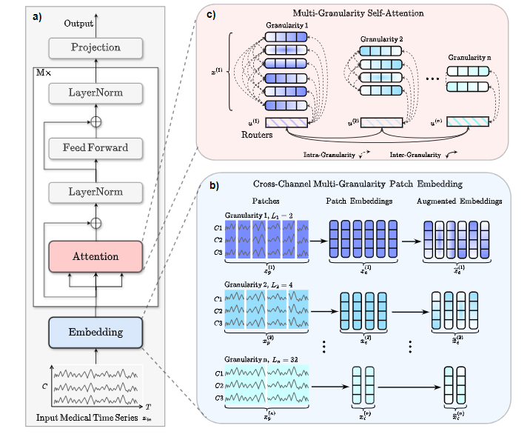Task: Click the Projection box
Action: [95, 47]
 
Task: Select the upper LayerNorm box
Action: [95, 93]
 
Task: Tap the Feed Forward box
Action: [95, 147]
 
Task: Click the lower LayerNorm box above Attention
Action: [95, 193]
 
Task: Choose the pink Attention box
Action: [95, 256]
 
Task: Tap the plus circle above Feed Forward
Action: [95, 120]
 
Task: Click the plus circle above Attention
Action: [95, 221]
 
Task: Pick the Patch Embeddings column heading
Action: [360, 201]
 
